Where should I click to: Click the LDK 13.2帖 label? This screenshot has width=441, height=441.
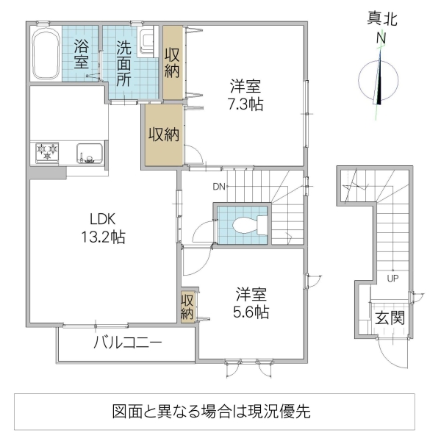[106, 227]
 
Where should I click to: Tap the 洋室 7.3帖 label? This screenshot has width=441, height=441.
[245, 94]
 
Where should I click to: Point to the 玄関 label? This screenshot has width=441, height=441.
[389, 319]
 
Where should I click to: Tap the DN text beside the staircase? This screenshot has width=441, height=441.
[219, 187]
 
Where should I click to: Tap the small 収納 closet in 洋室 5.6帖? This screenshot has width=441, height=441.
[187, 305]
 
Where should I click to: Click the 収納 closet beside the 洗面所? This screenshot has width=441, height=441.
[172, 62]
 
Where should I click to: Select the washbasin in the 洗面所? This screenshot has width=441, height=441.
[146, 40]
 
